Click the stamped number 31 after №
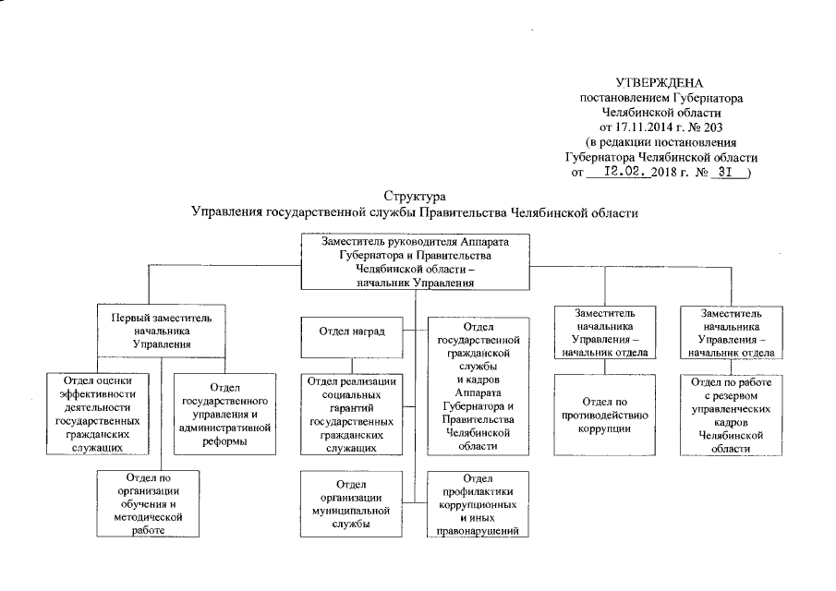pyautogui.click(x=724, y=172)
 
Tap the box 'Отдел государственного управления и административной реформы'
pyautogui.click(x=224, y=414)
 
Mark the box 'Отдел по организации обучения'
pyautogui.click(x=148, y=504)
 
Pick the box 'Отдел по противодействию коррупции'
pyautogui.click(x=604, y=414)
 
